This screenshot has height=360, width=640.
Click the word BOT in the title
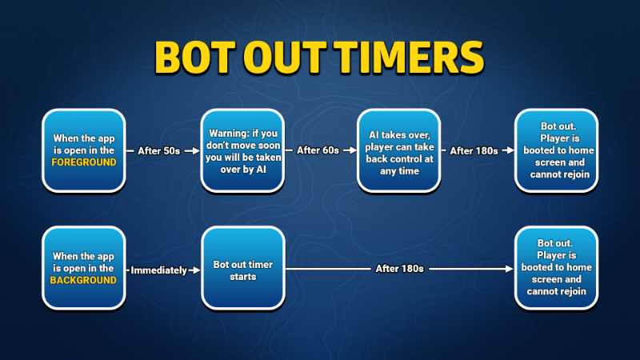point(195,57)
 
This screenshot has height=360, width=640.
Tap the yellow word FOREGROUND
point(84,162)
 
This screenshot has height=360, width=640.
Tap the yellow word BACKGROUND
point(83,280)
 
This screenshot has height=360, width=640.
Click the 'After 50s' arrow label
point(158,151)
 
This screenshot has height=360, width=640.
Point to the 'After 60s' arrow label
point(318,150)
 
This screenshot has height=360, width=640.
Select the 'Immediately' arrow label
point(158,270)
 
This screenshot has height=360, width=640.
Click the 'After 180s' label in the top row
point(474,151)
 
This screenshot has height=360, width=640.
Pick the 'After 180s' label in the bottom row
point(399,269)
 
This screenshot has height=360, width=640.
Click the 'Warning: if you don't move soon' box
point(243,150)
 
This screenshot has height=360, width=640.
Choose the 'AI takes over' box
point(398,150)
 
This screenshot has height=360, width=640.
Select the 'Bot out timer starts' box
point(243,268)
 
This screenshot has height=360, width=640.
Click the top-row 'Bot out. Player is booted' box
point(556,150)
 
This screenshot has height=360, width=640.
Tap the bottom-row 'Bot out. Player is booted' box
point(556,268)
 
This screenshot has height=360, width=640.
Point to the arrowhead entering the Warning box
point(196,150)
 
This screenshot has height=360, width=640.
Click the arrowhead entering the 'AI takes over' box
point(353,150)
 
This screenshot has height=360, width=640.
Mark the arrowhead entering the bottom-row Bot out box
point(510,269)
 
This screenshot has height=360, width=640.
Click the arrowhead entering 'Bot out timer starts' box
point(197,270)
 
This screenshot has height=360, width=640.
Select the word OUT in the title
point(285,57)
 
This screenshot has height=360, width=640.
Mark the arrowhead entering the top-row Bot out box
point(510,150)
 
